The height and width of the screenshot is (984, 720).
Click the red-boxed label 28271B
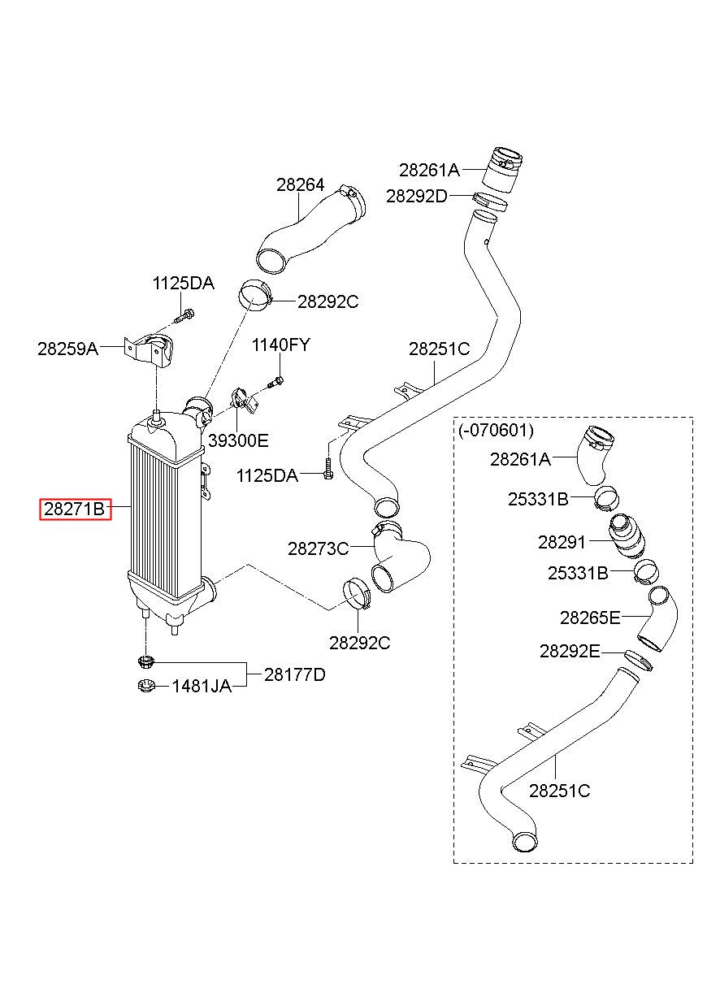[x=75, y=509]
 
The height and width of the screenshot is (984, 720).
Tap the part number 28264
[x=300, y=185]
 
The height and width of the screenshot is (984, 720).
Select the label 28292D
[x=416, y=197]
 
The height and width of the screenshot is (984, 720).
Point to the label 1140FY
[x=280, y=345]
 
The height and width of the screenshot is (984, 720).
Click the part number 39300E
[x=238, y=440]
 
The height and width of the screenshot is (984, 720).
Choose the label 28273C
[x=318, y=548]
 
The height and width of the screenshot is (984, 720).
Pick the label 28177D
[x=295, y=674]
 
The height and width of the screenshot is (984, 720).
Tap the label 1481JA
[x=202, y=686]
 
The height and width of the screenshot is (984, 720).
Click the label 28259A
[x=67, y=349]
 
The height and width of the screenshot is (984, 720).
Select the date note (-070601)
[x=496, y=430]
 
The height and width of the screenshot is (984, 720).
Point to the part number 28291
[x=562, y=543]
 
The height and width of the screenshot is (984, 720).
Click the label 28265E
[x=590, y=618]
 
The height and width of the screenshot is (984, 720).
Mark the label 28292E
[x=570, y=651]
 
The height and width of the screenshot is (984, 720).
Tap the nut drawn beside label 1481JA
[x=146, y=685]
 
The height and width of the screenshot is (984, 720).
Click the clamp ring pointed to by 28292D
[x=490, y=201]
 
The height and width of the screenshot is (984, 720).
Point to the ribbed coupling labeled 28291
[x=627, y=536]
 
